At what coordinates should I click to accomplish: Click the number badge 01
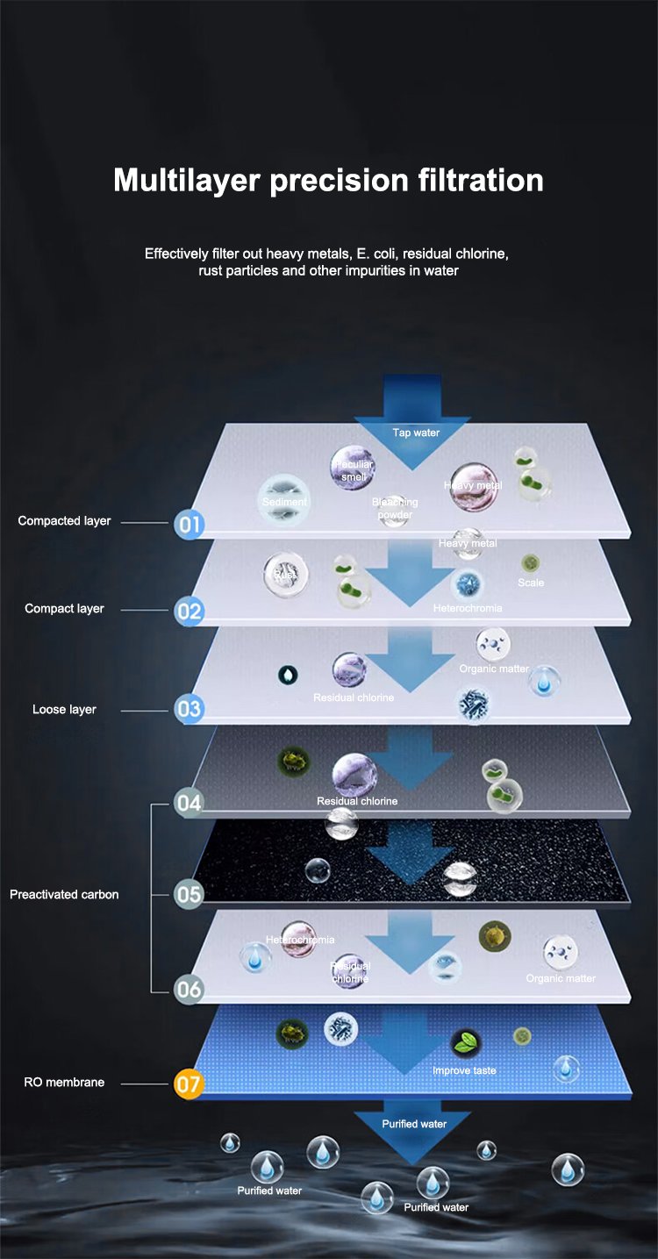click(189, 525)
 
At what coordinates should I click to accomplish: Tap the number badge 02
click(189, 611)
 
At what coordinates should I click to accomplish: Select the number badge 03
click(189, 708)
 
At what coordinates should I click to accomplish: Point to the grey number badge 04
click(189, 802)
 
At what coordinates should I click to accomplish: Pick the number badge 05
click(189, 894)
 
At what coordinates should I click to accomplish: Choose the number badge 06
click(189, 990)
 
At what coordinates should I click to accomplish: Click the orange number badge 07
click(189, 1084)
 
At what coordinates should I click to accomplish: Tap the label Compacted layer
click(64, 521)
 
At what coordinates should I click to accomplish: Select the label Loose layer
click(64, 709)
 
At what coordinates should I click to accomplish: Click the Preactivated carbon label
click(64, 895)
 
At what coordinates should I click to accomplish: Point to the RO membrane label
click(64, 1083)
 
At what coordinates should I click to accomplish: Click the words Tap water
click(416, 433)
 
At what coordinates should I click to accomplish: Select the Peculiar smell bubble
click(352, 469)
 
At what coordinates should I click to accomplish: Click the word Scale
click(531, 583)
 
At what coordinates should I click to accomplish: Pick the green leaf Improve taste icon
click(465, 1044)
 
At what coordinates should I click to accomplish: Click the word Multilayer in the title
click(187, 180)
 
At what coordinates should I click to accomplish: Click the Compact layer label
click(64, 609)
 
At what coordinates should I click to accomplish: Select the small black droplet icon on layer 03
click(288, 674)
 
